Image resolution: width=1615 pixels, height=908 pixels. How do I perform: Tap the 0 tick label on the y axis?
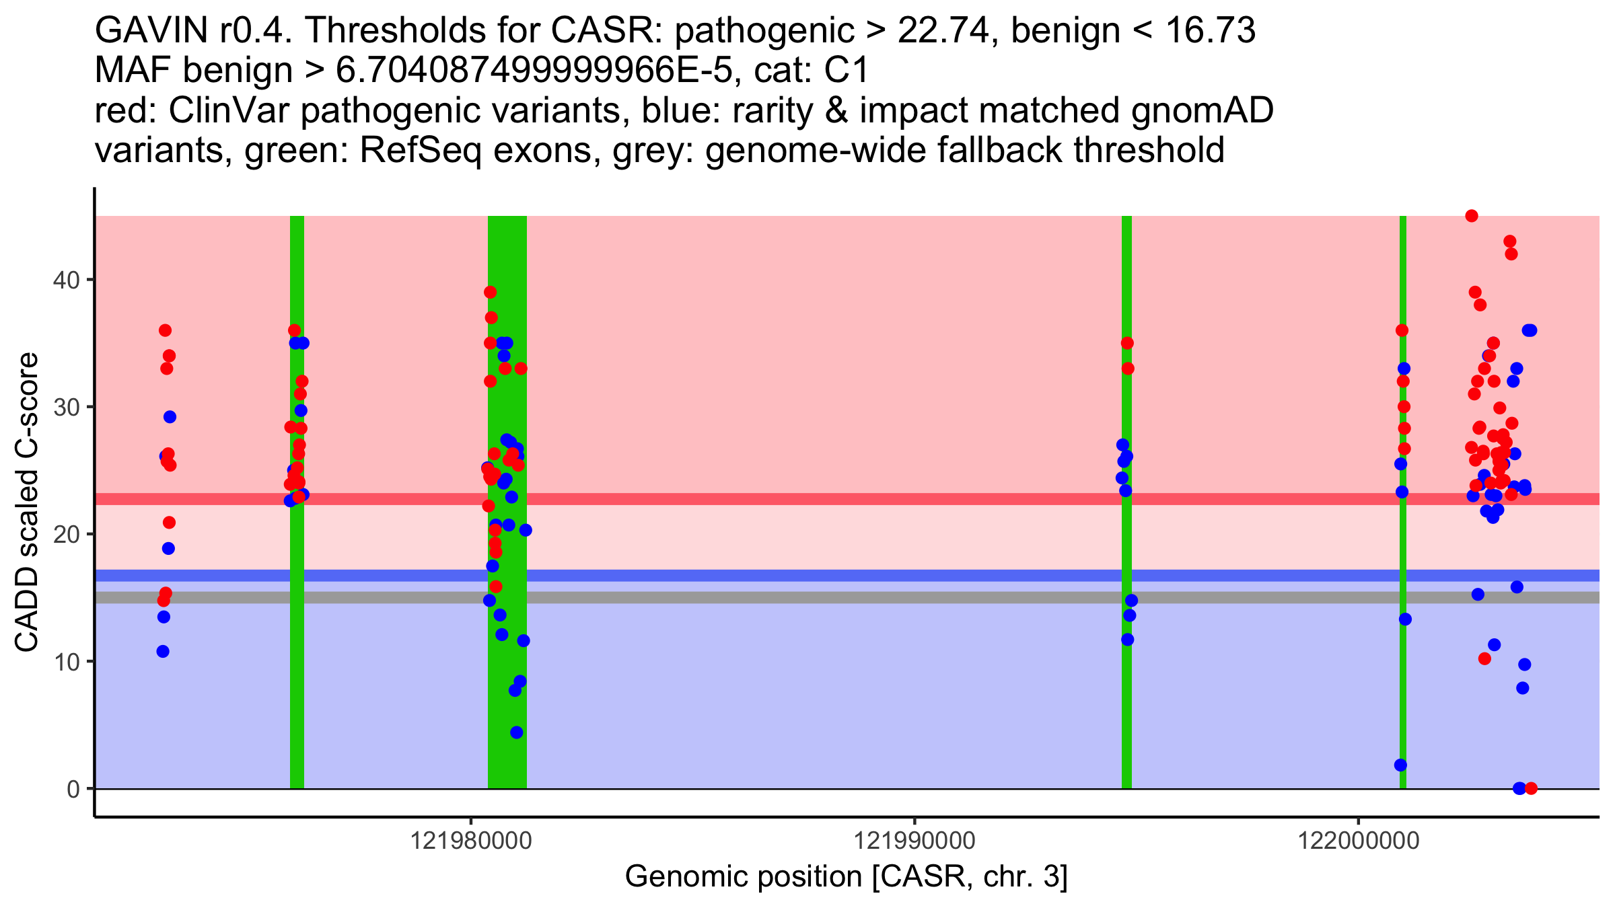click(x=73, y=789)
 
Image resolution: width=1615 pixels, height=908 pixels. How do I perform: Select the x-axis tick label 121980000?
click(x=470, y=841)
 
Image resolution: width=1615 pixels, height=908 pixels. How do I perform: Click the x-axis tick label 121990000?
click(x=914, y=841)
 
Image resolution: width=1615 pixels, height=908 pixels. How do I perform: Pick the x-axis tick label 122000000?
click(x=1358, y=841)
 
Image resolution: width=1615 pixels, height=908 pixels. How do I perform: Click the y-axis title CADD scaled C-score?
click(x=27, y=502)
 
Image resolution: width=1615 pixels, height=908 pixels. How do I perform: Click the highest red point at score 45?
click(x=1472, y=216)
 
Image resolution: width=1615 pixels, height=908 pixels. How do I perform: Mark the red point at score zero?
click(x=1531, y=788)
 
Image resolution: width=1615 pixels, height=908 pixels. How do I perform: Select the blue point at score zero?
click(x=1519, y=788)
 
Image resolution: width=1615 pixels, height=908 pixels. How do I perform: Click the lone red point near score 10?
click(x=1484, y=658)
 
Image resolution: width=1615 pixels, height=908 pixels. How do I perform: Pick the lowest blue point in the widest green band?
click(x=516, y=732)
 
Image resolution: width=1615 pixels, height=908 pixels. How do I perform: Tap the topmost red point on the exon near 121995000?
click(x=1127, y=343)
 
